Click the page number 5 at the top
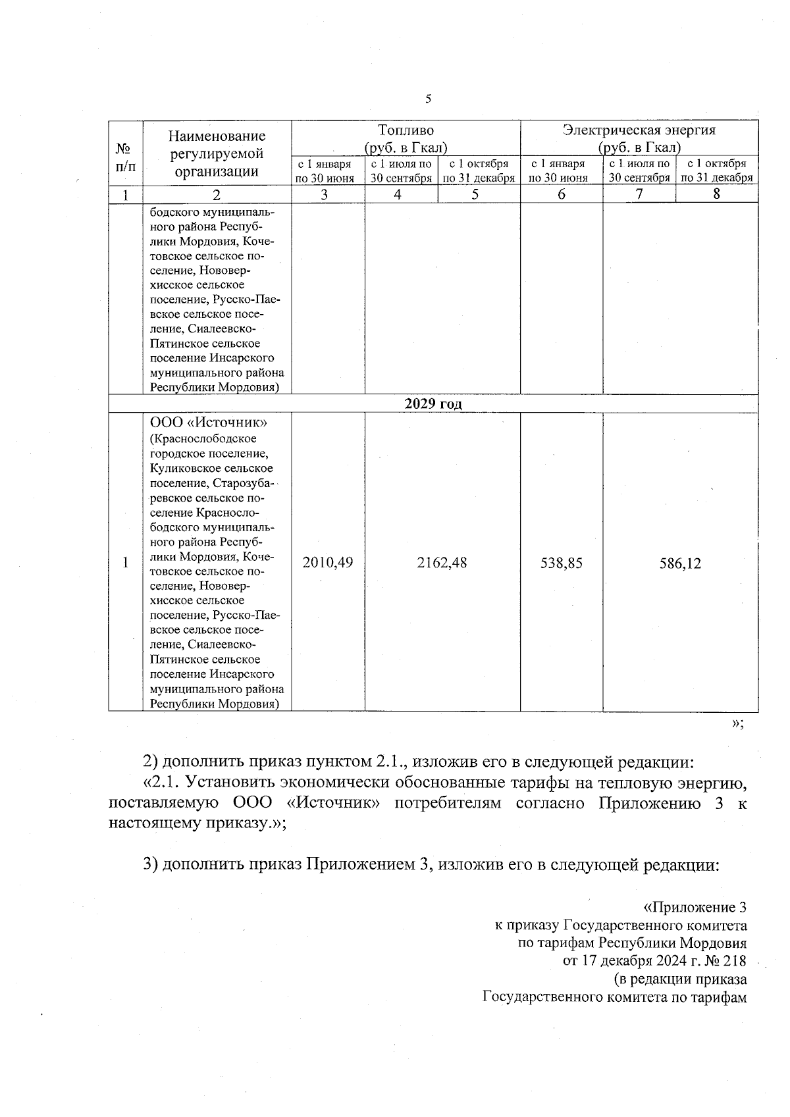[429, 99]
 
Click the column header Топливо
[406, 130]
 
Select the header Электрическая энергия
[639, 130]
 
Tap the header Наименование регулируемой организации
[217, 154]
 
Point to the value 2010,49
[327, 563]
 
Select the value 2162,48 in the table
[442, 563]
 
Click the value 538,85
[561, 563]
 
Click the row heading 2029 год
[433, 404]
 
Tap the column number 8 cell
[716, 194]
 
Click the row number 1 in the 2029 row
[125, 563]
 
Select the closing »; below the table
[737, 723]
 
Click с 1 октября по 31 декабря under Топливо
[479, 170]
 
